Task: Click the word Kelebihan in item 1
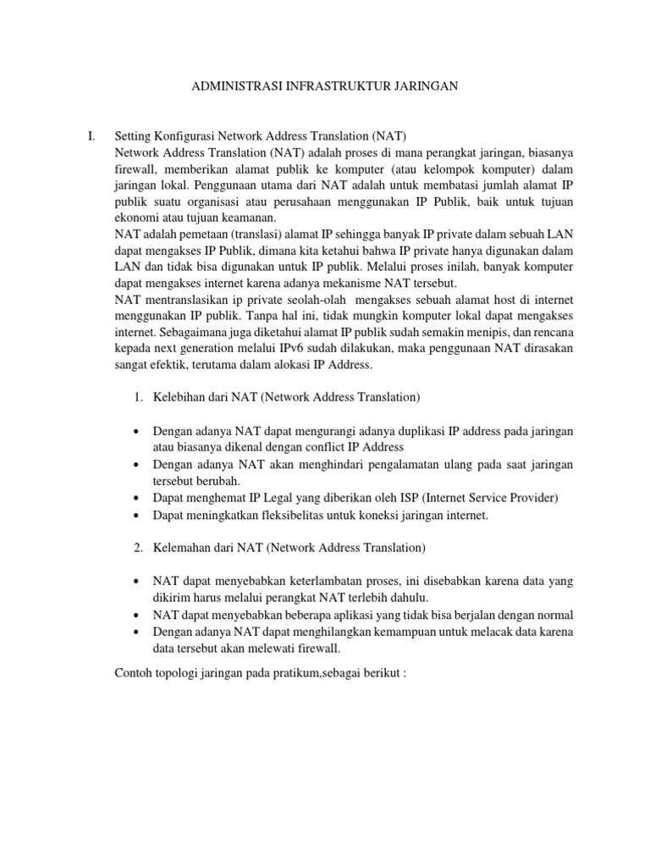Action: [179, 396]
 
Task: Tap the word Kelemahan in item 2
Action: [182, 548]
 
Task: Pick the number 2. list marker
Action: [140, 548]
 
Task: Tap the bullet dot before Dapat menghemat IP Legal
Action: [136, 498]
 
